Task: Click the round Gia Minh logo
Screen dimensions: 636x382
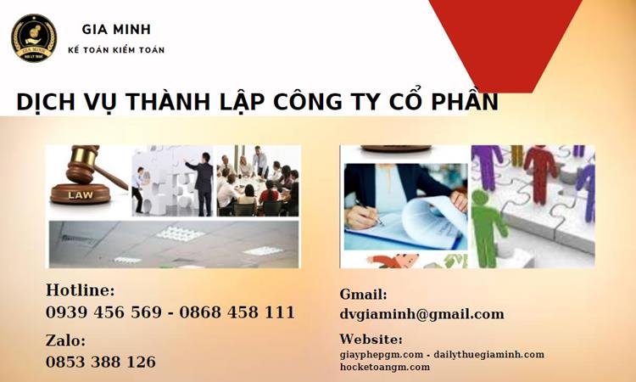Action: (x=34, y=38)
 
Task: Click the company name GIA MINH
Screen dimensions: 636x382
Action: (x=116, y=29)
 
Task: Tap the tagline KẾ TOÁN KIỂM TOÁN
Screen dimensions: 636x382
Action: (x=116, y=50)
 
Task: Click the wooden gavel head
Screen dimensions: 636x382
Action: (x=83, y=164)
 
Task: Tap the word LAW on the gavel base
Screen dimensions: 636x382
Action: (x=81, y=195)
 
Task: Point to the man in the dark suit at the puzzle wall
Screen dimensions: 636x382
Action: (x=203, y=183)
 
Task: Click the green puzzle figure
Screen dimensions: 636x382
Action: (x=487, y=228)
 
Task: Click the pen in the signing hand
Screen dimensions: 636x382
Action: (x=369, y=212)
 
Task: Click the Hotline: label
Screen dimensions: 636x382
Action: (x=81, y=290)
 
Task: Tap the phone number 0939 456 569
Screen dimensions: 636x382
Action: (x=103, y=312)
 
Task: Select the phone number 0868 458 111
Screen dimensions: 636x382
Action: (x=237, y=312)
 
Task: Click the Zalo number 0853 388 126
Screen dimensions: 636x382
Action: (x=101, y=362)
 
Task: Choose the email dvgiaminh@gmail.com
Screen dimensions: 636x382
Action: (x=421, y=314)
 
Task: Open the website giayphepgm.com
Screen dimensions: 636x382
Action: (x=382, y=355)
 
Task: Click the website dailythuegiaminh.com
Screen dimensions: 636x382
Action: (x=488, y=355)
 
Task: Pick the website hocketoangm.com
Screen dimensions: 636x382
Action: (x=384, y=367)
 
